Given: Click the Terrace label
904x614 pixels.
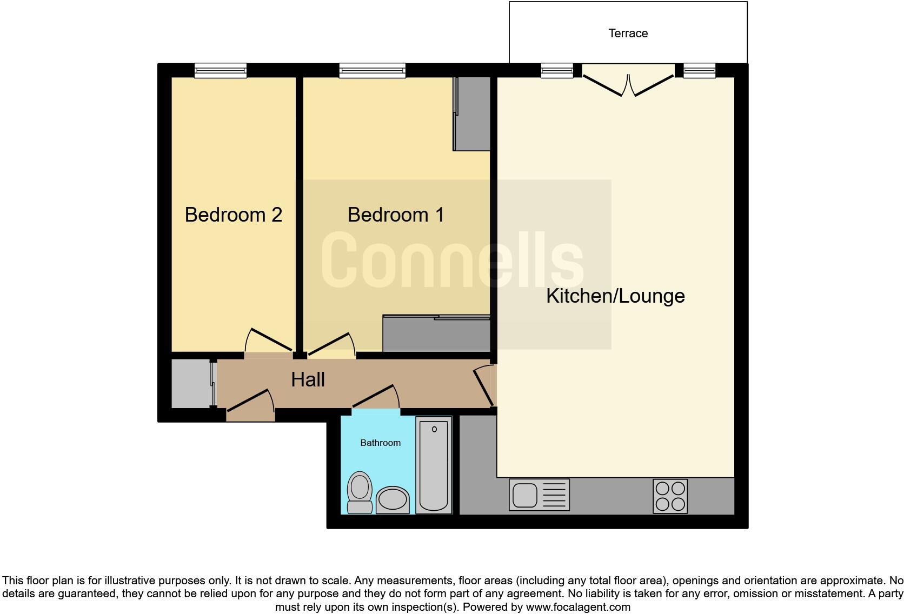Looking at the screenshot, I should (x=628, y=34).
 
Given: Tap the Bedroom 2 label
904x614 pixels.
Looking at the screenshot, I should (x=233, y=215).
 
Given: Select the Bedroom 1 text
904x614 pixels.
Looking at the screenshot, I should (x=395, y=215).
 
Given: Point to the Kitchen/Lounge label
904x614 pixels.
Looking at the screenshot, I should (x=615, y=296).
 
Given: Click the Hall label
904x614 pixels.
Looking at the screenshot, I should (x=308, y=379).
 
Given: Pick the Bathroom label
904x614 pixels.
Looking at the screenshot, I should (x=380, y=443).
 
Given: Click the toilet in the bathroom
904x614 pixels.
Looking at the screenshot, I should (x=360, y=492).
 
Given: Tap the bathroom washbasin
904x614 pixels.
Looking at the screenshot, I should (x=393, y=499).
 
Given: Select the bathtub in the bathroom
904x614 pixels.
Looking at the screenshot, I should (x=434, y=465).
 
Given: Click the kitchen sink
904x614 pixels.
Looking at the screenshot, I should (x=539, y=495).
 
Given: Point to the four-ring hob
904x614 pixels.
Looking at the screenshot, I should (x=670, y=496).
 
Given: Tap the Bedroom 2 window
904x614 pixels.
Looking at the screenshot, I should (x=221, y=70).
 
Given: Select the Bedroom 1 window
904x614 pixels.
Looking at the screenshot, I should (x=372, y=70).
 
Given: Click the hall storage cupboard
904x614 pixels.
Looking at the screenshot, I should (x=190, y=384).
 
